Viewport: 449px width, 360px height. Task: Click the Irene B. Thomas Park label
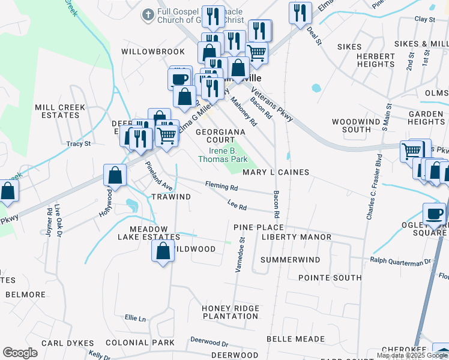point(219,155)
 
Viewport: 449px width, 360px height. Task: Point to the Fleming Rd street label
point(221,187)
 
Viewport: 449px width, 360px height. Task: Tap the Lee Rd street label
point(237,206)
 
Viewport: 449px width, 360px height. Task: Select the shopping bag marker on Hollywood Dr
point(115,176)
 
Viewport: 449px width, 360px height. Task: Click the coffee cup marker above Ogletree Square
point(434,214)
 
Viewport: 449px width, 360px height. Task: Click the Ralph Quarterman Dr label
point(400,261)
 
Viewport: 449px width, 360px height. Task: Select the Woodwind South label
point(356,125)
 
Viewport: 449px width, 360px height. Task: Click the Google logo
point(20,353)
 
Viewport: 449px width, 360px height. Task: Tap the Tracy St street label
point(78,144)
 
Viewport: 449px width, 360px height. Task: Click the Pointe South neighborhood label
point(330,278)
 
